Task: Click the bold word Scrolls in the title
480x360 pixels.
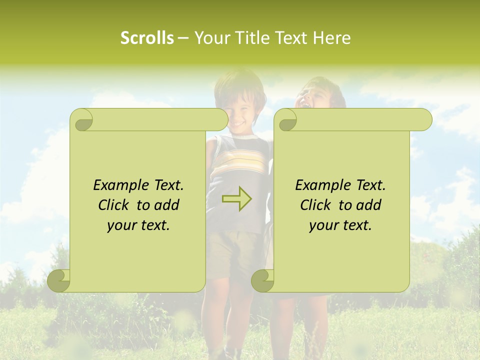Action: (147, 38)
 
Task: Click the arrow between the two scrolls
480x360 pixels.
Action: (237, 199)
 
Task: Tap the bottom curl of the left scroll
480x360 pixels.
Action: (59, 280)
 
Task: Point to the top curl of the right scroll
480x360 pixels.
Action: (286, 120)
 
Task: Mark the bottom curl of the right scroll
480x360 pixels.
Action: (262, 280)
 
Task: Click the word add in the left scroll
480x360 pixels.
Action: (167, 205)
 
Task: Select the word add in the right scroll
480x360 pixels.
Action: (369, 205)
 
